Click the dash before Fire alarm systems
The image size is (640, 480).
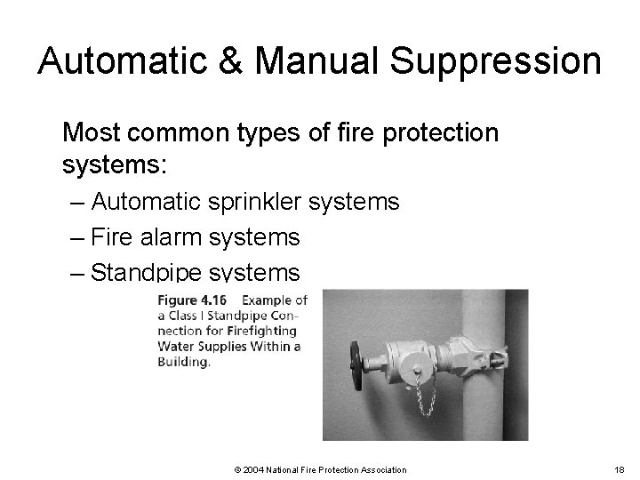(76, 237)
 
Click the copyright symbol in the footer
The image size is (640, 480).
(236, 469)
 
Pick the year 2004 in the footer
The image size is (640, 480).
(252, 469)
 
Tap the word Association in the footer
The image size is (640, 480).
(382, 469)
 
